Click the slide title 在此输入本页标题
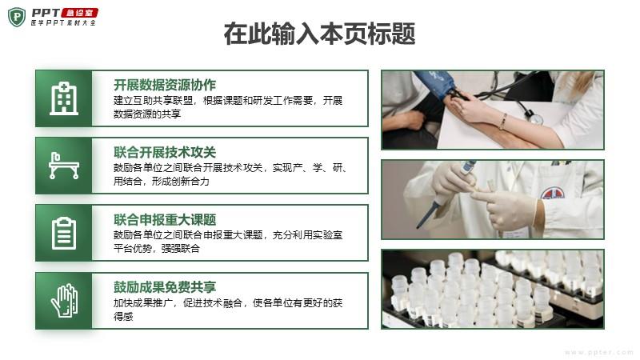point(319,34)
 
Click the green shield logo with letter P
point(17,17)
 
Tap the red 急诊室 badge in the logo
point(79,13)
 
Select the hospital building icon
point(64,98)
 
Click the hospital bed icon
point(64,166)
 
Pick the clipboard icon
point(64,233)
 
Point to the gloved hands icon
point(64,301)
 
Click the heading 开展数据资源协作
point(165,85)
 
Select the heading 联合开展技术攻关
point(165,152)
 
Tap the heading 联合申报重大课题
point(165,219)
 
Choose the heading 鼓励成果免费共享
point(165,287)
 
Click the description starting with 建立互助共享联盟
point(228,107)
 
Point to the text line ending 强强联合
point(156,248)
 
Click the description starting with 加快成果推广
point(228,310)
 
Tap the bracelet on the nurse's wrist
point(503,122)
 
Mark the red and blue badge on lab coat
point(553,193)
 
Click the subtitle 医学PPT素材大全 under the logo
point(63,23)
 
